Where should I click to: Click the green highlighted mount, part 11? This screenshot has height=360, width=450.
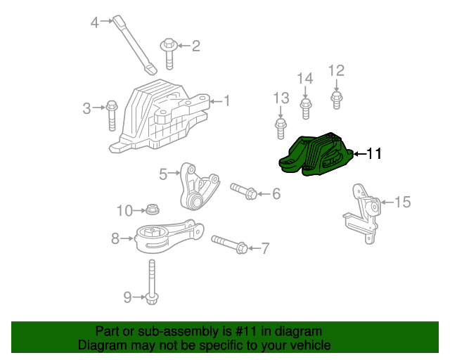[316, 153]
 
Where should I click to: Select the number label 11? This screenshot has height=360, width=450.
[374, 153]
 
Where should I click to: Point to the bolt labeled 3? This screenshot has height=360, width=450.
[111, 115]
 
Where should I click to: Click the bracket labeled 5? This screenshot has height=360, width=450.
[196, 188]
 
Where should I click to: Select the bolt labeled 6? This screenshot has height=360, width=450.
[243, 191]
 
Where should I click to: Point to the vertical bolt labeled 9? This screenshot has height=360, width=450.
[152, 284]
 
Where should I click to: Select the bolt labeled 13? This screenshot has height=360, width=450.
[280, 127]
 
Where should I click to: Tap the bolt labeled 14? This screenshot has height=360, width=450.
[305, 107]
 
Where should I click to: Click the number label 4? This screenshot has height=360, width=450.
[95, 22]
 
